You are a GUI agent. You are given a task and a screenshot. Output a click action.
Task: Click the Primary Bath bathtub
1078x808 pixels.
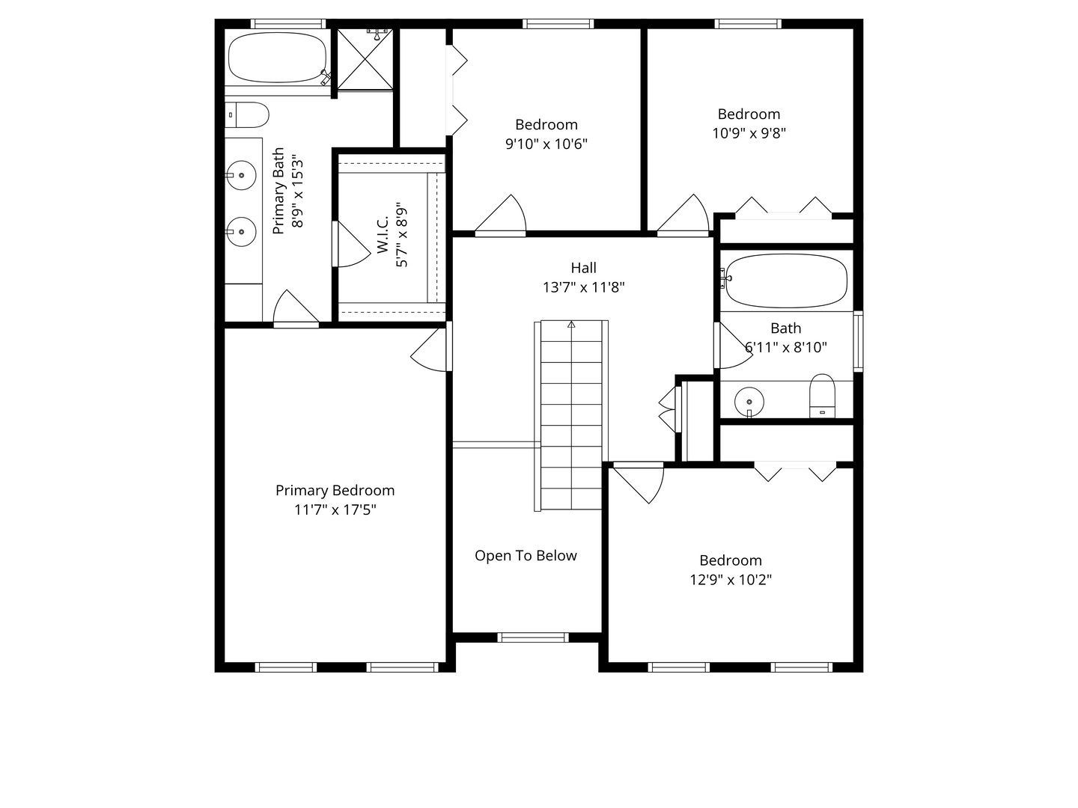[x=278, y=58]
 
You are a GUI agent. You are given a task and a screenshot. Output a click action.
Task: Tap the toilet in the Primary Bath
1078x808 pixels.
[x=247, y=114]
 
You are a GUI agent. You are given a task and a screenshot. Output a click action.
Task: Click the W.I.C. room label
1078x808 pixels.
[x=383, y=234]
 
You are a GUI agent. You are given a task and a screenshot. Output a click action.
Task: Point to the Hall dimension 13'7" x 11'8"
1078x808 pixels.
[x=583, y=287]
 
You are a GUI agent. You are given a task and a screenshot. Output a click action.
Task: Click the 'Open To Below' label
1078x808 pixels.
[x=526, y=555]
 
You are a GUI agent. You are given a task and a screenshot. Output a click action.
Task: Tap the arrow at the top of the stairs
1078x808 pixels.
[x=571, y=324]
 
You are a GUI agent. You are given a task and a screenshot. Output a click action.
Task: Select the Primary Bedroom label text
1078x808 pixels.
[x=335, y=490]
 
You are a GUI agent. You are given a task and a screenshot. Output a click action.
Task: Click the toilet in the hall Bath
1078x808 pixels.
[x=822, y=396]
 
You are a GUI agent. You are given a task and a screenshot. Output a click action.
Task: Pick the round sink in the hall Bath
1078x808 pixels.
[x=749, y=402]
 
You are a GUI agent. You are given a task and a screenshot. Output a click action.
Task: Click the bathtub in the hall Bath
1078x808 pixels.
[x=786, y=281]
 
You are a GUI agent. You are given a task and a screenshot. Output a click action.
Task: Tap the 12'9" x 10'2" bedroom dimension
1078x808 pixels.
[x=731, y=580]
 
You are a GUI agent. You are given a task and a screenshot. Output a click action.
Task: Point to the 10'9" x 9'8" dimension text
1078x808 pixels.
[x=749, y=133]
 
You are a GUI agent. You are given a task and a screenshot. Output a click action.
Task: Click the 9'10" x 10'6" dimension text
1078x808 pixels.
[x=546, y=144]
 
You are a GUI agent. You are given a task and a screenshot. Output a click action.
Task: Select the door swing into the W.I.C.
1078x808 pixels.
[x=352, y=245]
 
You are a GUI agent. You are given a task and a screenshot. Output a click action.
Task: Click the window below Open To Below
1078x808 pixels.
[x=533, y=637]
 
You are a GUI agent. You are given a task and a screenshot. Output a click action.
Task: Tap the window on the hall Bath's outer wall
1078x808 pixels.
[x=858, y=341]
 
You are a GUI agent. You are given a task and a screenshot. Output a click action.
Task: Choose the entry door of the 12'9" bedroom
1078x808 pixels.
[x=639, y=483]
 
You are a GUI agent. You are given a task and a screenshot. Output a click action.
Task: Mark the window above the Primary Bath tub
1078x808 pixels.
[x=287, y=23]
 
